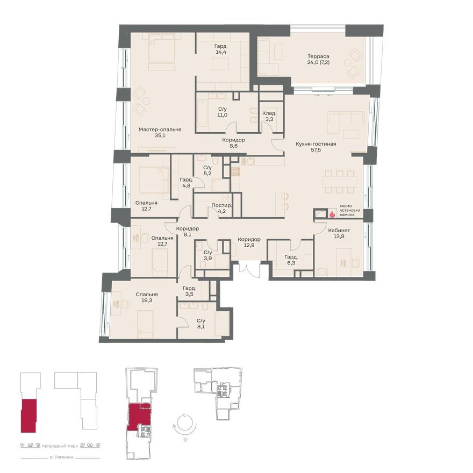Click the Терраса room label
click(x=318, y=56)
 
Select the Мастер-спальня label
click(x=159, y=130)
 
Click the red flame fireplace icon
click(x=332, y=214)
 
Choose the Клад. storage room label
click(x=269, y=113)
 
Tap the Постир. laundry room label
click(x=222, y=205)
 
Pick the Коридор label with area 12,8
click(x=249, y=240)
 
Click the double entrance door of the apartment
click(x=249, y=268)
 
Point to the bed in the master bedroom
click(x=161, y=52)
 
